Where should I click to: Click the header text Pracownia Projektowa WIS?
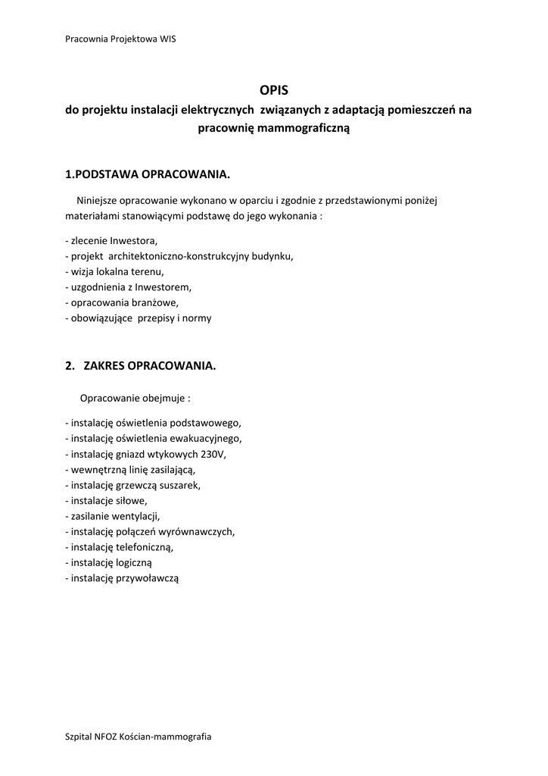point(120,39)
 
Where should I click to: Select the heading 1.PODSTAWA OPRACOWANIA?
point(147,175)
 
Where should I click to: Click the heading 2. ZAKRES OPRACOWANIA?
point(141,366)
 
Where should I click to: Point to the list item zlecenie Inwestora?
point(112,240)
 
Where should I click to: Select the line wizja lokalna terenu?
point(114,271)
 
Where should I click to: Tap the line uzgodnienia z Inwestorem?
point(129,287)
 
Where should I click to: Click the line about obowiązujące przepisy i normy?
point(139,318)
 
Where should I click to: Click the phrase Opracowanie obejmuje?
point(135,398)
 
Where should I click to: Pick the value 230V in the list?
point(213,454)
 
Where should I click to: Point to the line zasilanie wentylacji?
point(113,516)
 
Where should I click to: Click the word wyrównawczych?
point(201,531)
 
